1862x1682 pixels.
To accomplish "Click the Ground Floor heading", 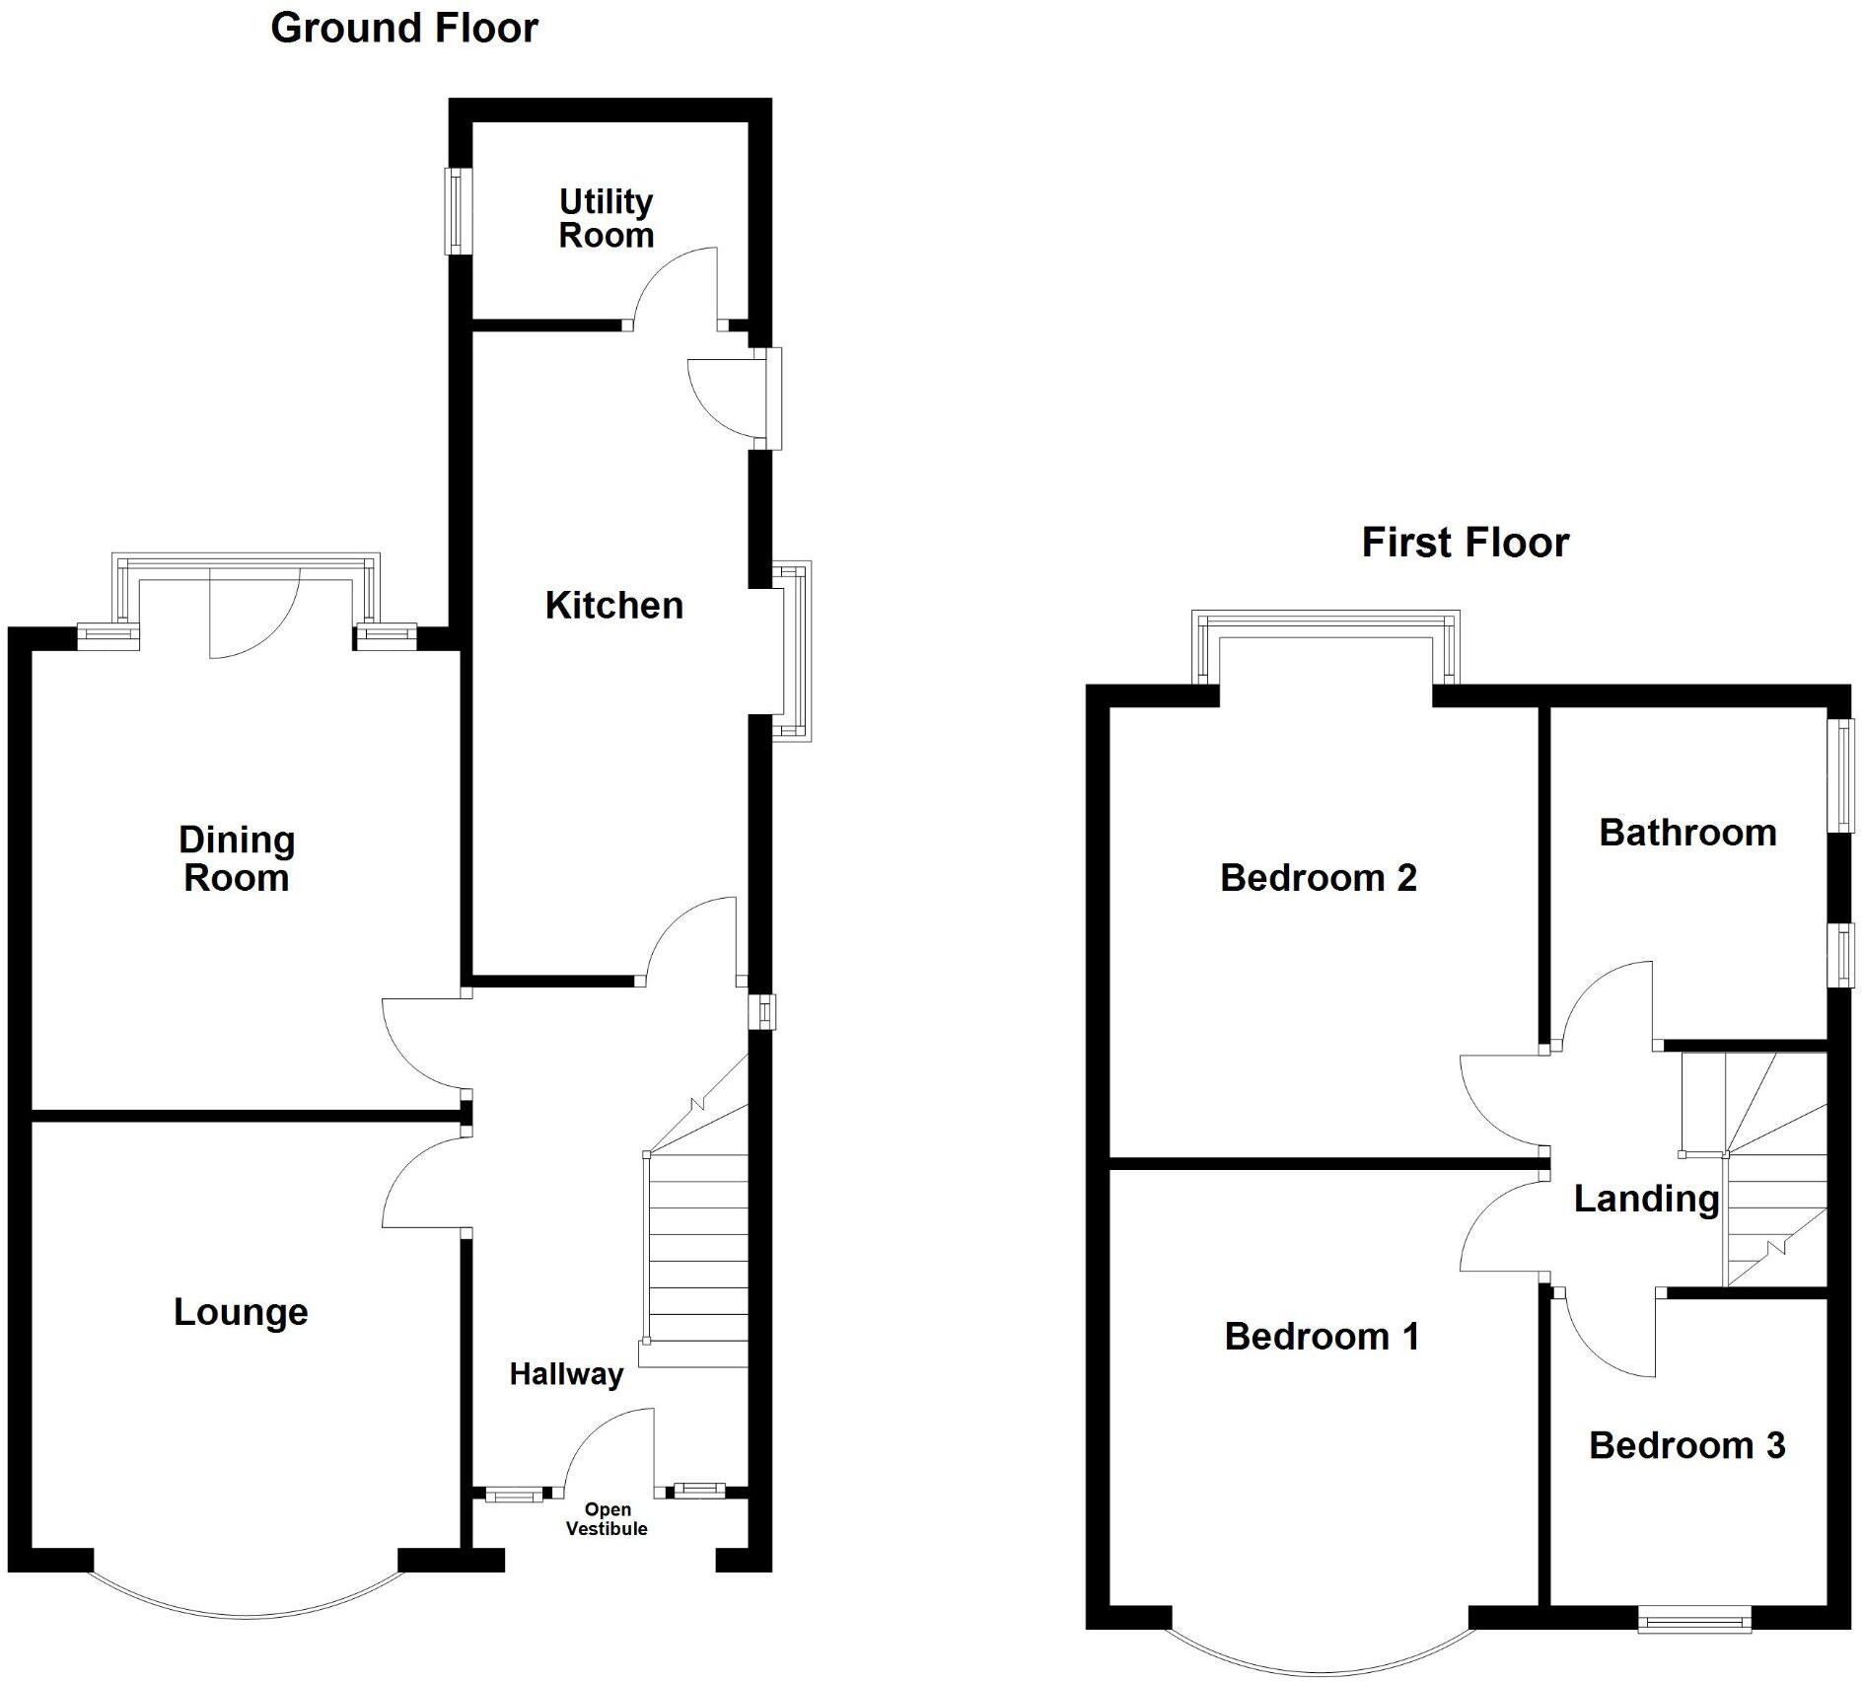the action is [404, 29].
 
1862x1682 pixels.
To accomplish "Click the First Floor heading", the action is [1465, 543].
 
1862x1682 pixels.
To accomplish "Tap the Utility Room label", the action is [606, 218].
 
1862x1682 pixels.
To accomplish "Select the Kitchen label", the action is [613, 606].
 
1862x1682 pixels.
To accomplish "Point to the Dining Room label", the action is [237, 858].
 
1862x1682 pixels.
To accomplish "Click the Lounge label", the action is [241, 1312].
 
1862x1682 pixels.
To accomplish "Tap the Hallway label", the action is [566, 1374].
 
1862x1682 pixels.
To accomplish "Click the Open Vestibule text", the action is [607, 1519].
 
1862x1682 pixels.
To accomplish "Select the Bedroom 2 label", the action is [1318, 878].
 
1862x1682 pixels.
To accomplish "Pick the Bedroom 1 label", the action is [1322, 1337].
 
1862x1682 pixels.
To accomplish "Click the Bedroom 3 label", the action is [1686, 1445].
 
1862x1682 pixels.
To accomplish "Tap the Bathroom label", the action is [1687, 833].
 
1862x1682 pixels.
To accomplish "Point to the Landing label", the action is [1646, 1199].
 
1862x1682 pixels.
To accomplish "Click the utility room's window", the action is [458, 211].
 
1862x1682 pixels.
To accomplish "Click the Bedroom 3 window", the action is [1693, 1618].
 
